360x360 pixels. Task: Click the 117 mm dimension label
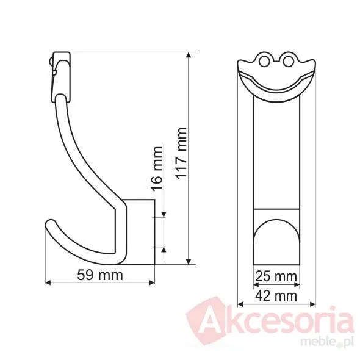181,153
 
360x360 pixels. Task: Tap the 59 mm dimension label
100,275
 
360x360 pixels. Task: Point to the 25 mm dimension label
276,276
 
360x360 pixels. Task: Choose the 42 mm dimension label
276,296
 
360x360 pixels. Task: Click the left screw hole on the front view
264,61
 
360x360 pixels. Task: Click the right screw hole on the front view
288,61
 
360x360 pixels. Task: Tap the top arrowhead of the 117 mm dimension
189,55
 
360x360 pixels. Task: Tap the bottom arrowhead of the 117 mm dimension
189,262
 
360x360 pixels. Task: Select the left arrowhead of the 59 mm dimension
48,283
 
